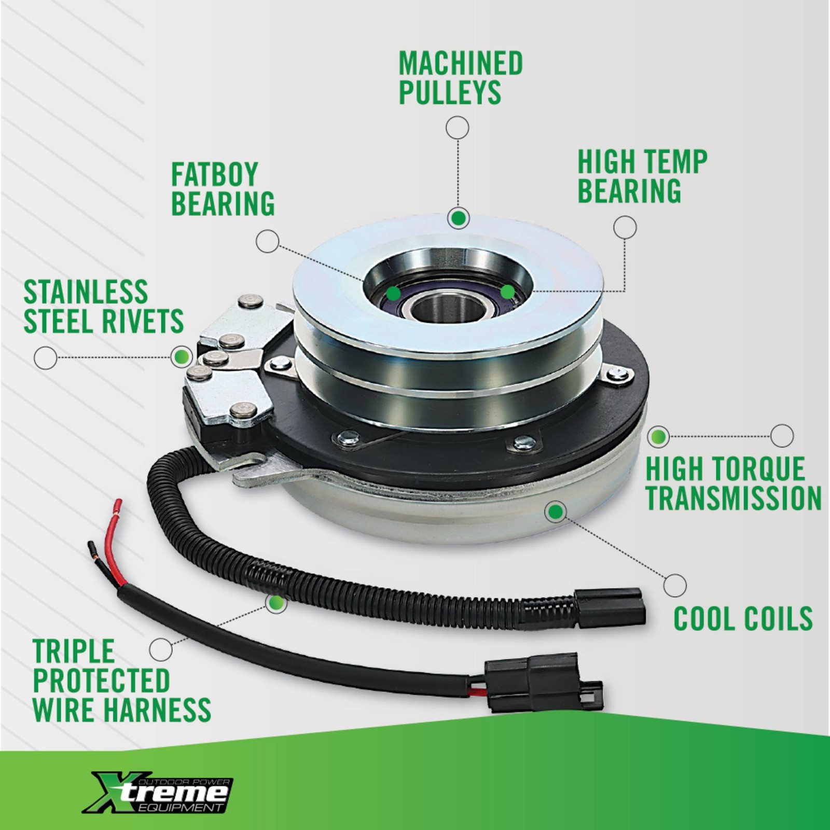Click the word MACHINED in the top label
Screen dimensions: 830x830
pyautogui.click(x=460, y=63)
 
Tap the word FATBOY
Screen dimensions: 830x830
pyautogui.click(x=214, y=174)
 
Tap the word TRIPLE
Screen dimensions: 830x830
pyautogui.click(x=73, y=652)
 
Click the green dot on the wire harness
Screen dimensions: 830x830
pyautogui.click(x=276, y=603)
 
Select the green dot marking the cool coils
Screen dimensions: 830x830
pyautogui.click(x=556, y=512)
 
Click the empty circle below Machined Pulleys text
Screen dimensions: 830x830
pyautogui.click(x=458, y=128)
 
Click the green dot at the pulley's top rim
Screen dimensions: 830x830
pyautogui.click(x=458, y=218)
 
